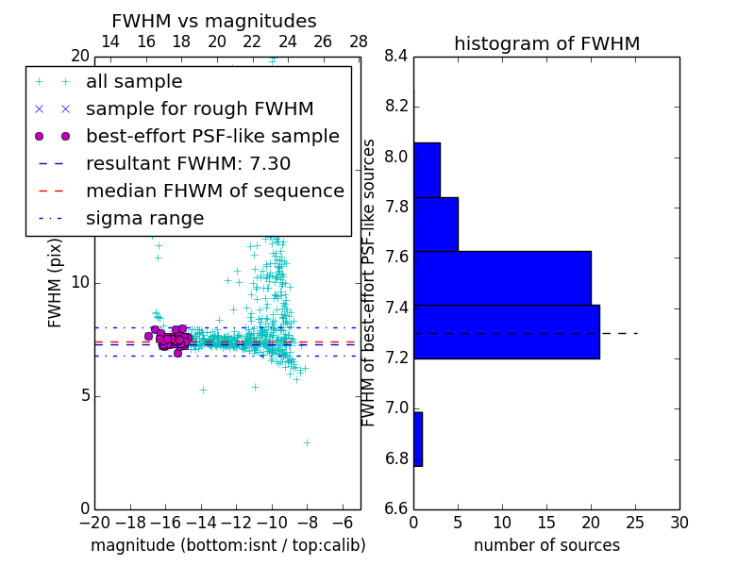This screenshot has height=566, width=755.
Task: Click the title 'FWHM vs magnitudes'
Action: pyautogui.click(x=214, y=21)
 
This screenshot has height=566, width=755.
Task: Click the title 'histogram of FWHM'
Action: pyautogui.click(x=546, y=43)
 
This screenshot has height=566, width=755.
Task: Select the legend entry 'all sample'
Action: pyautogui.click(x=134, y=82)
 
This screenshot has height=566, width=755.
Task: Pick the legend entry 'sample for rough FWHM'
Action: pyautogui.click(x=199, y=108)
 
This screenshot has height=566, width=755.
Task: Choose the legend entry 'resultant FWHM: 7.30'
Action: pyautogui.click(x=188, y=163)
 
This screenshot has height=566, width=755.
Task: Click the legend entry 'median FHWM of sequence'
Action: pyautogui.click(x=214, y=191)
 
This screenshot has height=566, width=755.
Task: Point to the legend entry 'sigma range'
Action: pyautogui.click(x=144, y=219)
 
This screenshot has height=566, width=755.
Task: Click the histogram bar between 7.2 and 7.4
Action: pyautogui.click(x=506, y=332)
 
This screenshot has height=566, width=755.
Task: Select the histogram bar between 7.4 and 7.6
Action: pyautogui.click(x=502, y=278)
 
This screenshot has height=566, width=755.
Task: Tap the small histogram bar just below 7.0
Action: pyautogui.click(x=418, y=439)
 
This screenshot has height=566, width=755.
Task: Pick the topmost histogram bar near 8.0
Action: pyautogui.click(x=427, y=170)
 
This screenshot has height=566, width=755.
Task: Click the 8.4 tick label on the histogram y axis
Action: pyautogui.click(x=396, y=57)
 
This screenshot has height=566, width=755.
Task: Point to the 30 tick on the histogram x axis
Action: pyautogui.click(x=679, y=523)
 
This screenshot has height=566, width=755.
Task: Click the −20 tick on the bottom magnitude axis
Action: pyautogui.click(x=94, y=523)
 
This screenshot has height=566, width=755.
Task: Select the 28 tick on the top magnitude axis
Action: pyautogui.click(x=359, y=42)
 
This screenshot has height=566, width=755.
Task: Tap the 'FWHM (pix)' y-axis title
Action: pyautogui.click(x=56, y=282)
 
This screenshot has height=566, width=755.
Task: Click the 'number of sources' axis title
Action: pyautogui.click(x=546, y=545)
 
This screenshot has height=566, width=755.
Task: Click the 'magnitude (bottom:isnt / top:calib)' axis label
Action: pyautogui.click(x=227, y=545)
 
